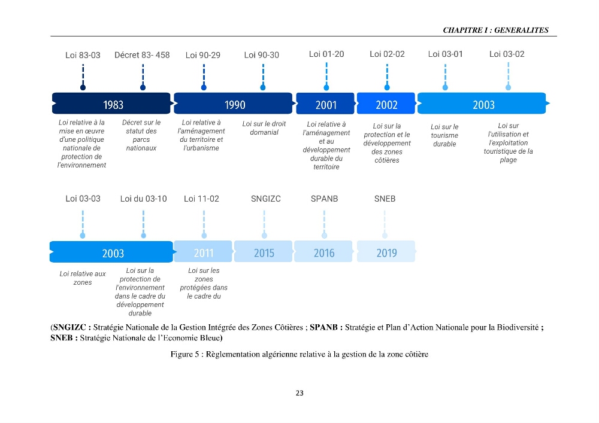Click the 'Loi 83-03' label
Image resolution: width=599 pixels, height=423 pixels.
[x=83, y=55]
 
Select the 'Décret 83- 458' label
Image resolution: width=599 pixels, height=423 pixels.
[x=142, y=55]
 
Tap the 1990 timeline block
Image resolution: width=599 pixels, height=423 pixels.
[x=234, y=104]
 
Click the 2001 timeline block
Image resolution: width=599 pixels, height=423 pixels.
[x=325, y=104]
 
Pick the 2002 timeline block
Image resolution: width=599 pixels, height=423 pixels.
[x=386, y=104]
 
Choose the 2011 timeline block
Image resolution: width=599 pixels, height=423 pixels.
[x=203, y=251]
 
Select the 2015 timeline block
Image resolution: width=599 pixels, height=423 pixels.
[x=264, y=251]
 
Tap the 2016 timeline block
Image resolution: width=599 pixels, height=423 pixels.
[x=323, y=251]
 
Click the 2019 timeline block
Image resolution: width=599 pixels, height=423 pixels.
[x=386, y=251]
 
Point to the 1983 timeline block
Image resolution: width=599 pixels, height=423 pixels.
[x=111, y=104]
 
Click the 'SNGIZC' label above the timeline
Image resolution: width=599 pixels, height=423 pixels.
[x=266, y=199]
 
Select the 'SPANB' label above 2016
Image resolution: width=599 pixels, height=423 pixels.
[x=324, y=199]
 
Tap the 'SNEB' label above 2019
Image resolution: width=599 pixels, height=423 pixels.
[x=385, y=199]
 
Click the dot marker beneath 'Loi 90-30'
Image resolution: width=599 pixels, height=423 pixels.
[x=263, y=88]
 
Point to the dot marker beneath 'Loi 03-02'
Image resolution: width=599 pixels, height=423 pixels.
[x=508, y=88]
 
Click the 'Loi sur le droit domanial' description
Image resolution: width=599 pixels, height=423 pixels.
[x=264, y=128]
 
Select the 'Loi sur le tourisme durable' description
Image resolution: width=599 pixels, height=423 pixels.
[x=444, y=135]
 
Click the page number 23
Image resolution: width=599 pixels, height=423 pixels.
[x=299, y=393]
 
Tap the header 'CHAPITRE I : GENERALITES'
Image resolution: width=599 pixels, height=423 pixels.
[x=495, y=30]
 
